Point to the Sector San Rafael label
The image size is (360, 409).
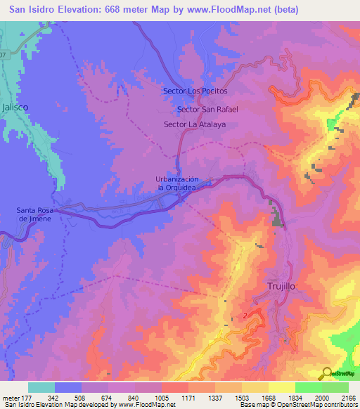pyautogui.click(x=208, y=109)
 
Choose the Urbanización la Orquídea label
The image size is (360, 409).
pyautogui.click(x=183, y=183)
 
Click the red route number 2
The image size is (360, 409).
pyautogui.click(x=245, y=316)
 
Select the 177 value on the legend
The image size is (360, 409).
pyautogui.click(x=34, y=398)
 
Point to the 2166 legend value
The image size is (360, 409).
pyautogui.click(x=348, y=398)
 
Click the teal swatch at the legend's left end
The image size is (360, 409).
pyautogui.click(x=41, y=387)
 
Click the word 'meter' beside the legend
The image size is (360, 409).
pyautogui.click(x=12, y=398)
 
